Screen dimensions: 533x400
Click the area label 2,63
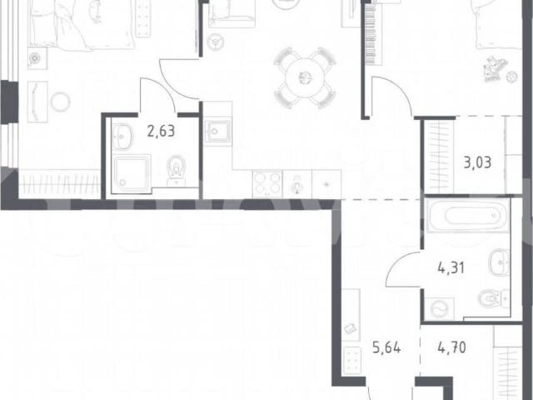tap(161, 131)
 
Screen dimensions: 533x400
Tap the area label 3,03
tap(477, 162)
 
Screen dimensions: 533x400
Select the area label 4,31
tap(451, 268)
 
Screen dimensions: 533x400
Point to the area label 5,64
tap(386, 347)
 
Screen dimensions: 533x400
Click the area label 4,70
tap(451, 347)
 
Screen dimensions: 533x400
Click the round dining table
tap(305, 77)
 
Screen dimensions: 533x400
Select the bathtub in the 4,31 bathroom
tap(468, 216)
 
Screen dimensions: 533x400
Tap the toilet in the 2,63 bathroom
tap(176, 171)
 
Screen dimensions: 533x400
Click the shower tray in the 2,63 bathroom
tap(132, 173)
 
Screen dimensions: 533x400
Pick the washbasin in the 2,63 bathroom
tap(122, 137)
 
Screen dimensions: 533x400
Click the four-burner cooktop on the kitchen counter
tap(267, 184)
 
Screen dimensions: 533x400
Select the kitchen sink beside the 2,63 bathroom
tap(218, 131)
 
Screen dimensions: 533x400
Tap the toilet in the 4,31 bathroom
tap(493, 299)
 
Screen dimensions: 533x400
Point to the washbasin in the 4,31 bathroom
tap(500, 262)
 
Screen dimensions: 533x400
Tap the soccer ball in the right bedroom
tap(511, 77)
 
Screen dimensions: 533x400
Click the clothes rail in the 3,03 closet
tap(439, 157)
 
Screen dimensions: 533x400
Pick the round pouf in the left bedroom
tap(61, 102)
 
